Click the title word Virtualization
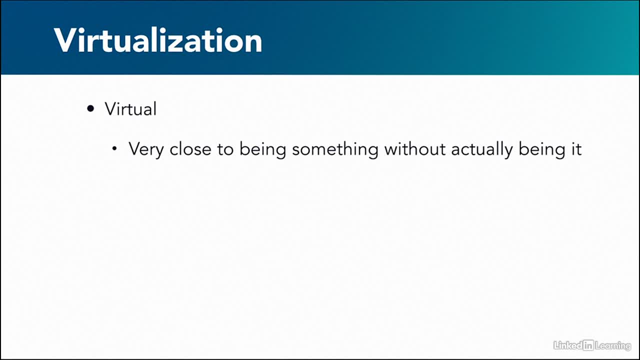158,40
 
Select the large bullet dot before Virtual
90,108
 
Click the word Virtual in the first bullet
130,108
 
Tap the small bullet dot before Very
114,148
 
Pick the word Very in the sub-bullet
145,149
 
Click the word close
190,149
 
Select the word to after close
225,149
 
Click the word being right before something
262,149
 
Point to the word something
335,149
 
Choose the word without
414,149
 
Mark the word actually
481,149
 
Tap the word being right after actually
541,149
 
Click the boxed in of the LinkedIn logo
588,345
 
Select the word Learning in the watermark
613,346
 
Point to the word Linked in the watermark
568,345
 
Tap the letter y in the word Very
158,151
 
